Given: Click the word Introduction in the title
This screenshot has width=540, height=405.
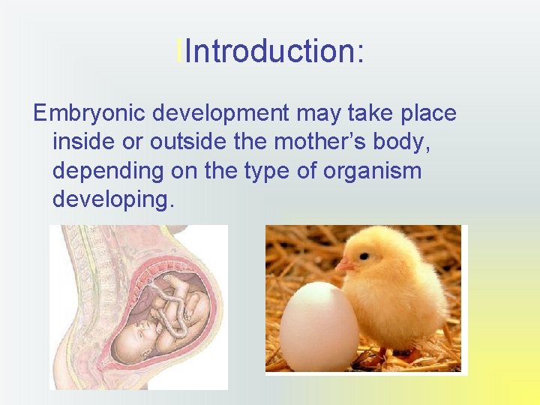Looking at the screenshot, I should (x=266, y=52).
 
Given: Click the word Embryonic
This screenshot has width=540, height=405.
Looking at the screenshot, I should (x=89, y=114).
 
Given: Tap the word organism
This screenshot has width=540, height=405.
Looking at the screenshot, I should (x=372, y=171).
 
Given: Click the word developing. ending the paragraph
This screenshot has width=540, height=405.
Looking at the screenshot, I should (x=113, y=199).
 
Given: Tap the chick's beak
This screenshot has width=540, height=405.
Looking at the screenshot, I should (x=344, y=264).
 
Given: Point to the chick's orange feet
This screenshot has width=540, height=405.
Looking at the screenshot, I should (x=397, y=352).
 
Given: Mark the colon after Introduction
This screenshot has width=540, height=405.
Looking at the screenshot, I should (x=361, y=52).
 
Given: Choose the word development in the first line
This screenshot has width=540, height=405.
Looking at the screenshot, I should (x=219, y=114).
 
